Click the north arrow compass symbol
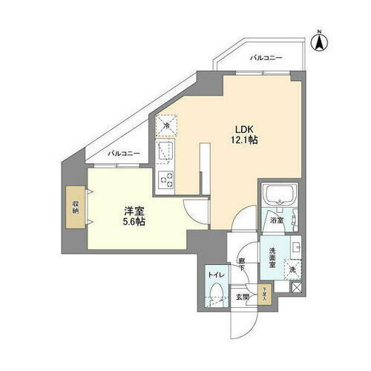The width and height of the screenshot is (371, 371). point(318,42)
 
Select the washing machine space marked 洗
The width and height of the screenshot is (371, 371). point(293,269)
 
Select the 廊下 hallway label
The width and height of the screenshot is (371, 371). point(242,266)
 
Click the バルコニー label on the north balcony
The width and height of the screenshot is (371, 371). point(266,57)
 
